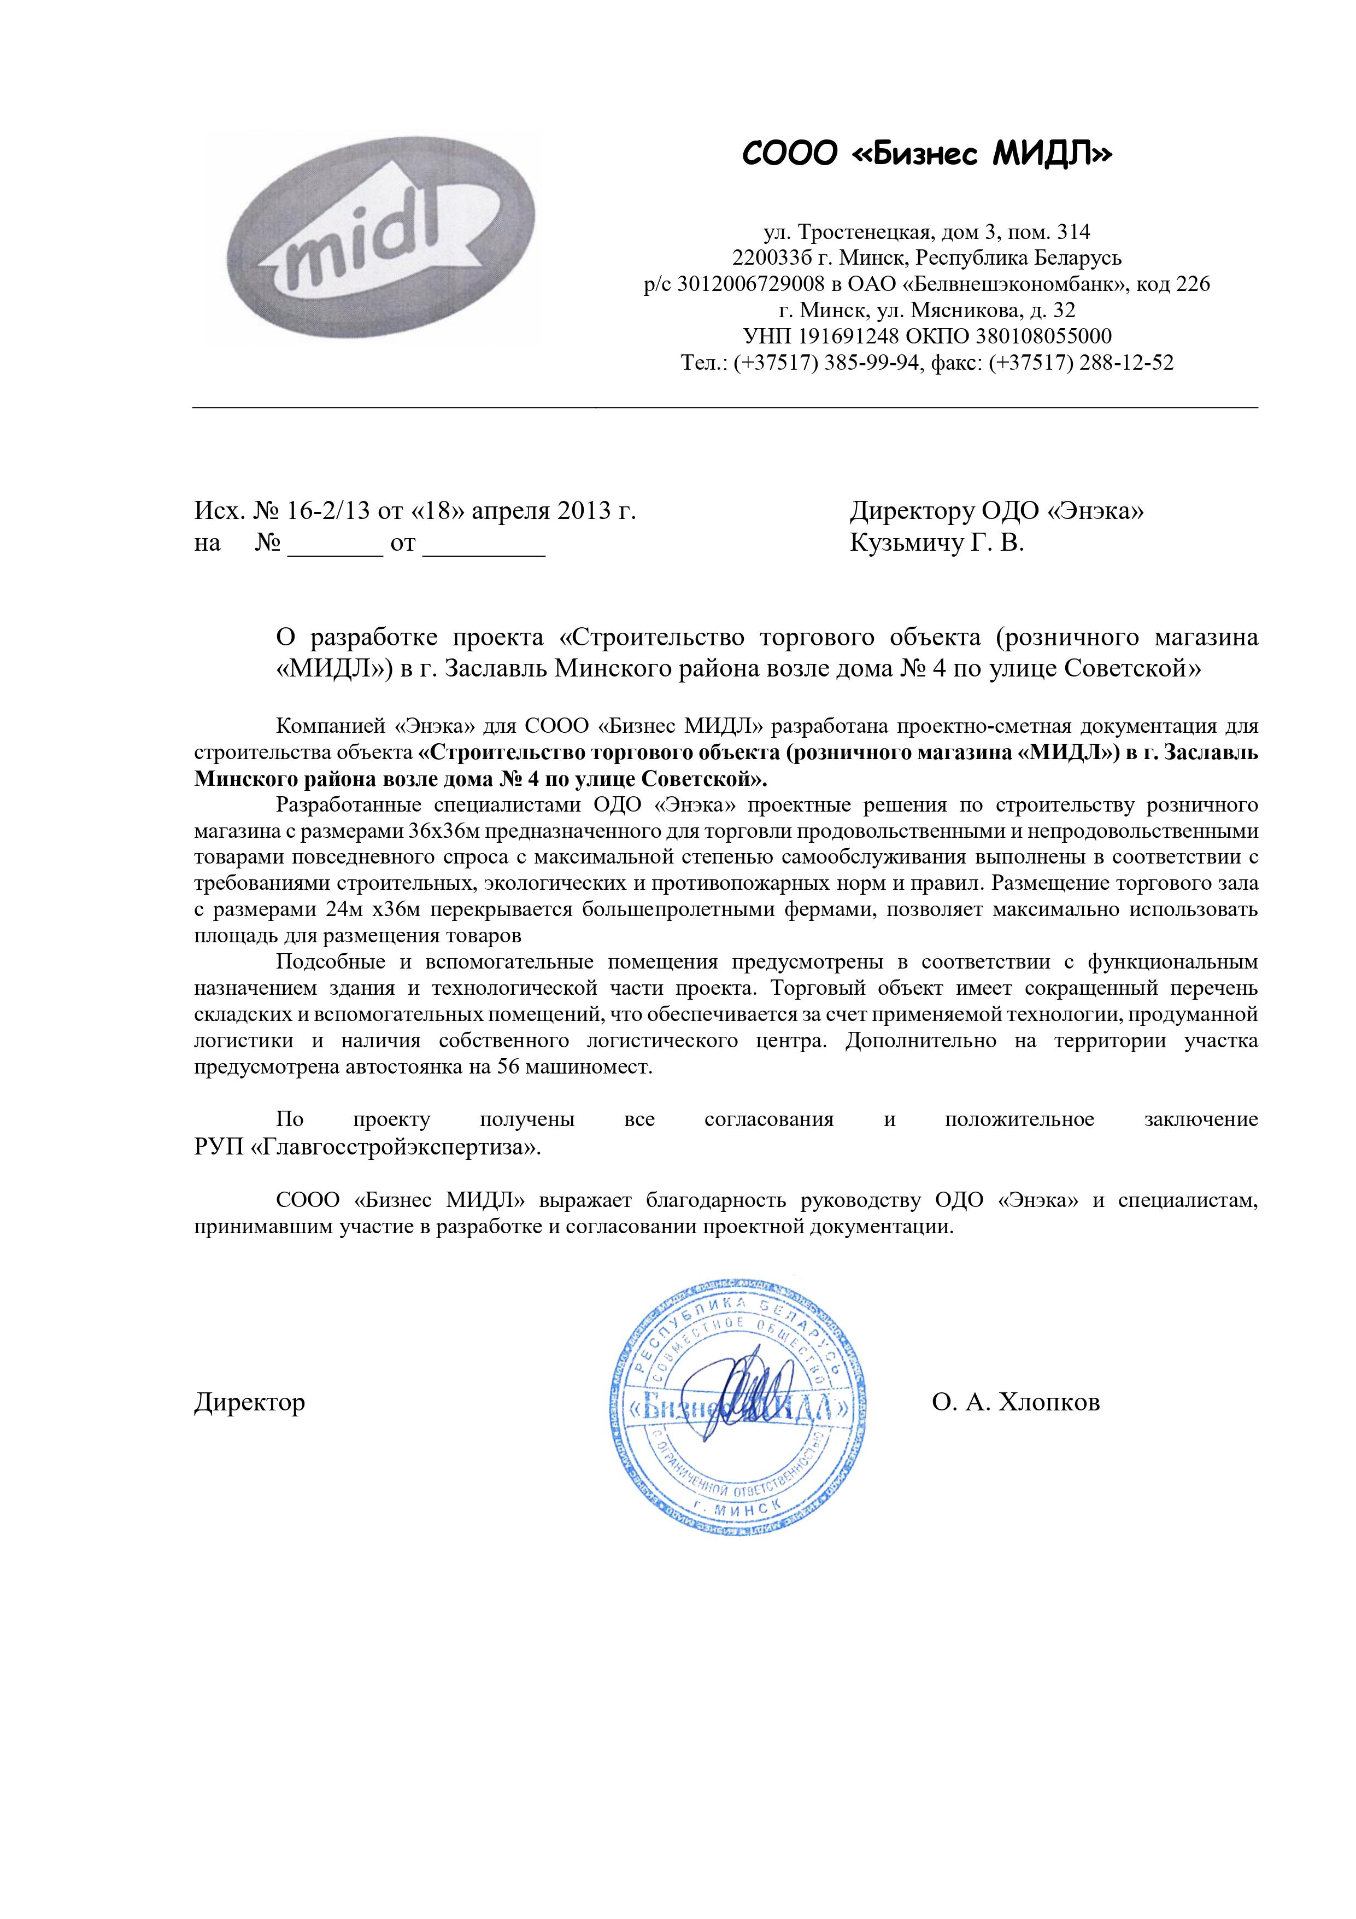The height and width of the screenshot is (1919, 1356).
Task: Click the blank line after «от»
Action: [485, 545]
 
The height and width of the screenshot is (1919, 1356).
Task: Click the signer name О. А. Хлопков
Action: [1016, 1402]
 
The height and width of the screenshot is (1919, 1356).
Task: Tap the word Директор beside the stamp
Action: [250, 1402]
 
